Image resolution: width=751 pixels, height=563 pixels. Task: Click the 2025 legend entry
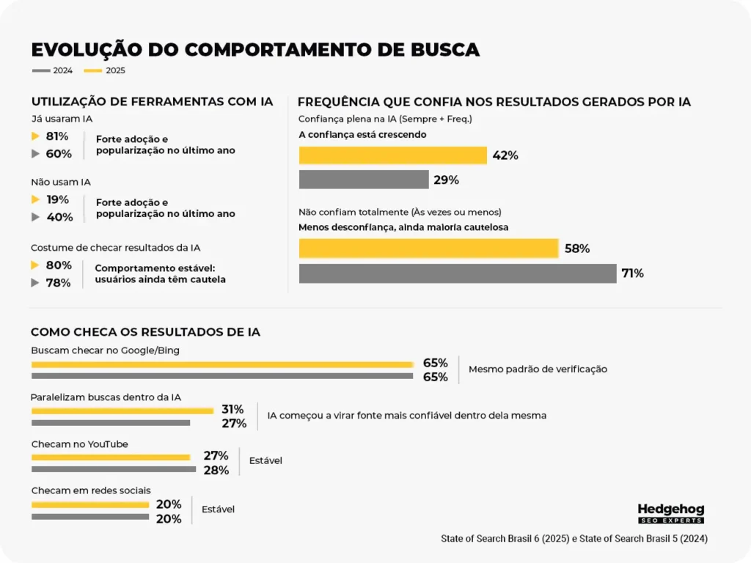pyautogui.click(x=105, y=71)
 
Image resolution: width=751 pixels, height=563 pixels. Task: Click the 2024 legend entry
pyautogui.click(x=52, y=71)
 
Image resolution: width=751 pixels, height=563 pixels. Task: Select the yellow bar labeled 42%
pyautogui.click(x=392, y=155)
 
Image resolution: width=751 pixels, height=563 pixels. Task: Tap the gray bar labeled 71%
pyautogui.click(x=458, y=273)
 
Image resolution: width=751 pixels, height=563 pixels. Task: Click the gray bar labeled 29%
pyautogui.click(x=364, y=180)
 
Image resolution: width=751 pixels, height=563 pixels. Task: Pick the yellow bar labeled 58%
pyautogui.click(x=428, y=249)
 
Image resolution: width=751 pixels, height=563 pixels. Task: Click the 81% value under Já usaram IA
pyautogui.click(x=57, y=136)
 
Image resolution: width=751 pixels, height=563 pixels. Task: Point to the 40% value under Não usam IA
pyautogui.click(x=59, y=217)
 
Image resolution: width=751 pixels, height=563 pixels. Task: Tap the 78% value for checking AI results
pyautogui.click(x=59, y=283)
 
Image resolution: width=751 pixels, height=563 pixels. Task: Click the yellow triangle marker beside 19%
pyautogui.click(x=35, y=199)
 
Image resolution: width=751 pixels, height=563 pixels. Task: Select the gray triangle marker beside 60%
pyautogui.click(x=35, y=154)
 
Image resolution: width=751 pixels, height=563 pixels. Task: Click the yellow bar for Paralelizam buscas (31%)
pyautogui.click(x=122, y=411)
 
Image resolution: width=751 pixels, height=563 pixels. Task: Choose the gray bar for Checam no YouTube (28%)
pyautogui.click(x=114, y=469)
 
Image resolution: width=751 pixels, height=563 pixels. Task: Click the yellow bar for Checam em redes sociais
pyautogui.click(x=90, y=504)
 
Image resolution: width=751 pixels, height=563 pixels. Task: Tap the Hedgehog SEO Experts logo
pyautogui.click(x=670, y=512)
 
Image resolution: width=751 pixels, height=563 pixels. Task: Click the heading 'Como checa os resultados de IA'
pyautogui.click(x=145, y=332)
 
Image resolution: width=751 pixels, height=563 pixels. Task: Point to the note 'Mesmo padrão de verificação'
pyautogui.click(x=538, y=369)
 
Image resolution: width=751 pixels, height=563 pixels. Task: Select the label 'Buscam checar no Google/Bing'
pyautogui.click(x=105, y=350)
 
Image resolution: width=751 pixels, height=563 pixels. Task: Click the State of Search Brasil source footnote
pyautogui.click(x=574, y=539)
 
